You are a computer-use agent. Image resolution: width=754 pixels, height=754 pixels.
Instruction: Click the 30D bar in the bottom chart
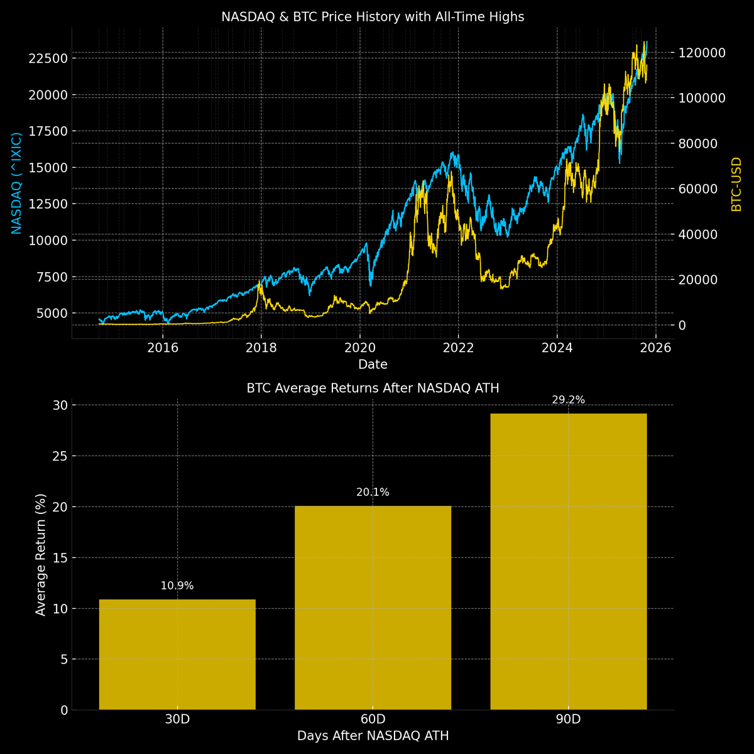click(177, 655)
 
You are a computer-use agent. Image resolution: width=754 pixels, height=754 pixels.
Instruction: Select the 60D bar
click(373, 608)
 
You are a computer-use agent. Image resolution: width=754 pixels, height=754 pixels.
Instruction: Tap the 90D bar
click(568, 561)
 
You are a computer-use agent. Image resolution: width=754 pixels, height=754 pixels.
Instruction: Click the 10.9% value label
click(177, 586)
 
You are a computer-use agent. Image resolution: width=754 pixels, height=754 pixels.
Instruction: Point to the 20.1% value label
click(373, 492)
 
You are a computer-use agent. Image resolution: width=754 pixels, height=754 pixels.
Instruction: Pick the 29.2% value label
click(568, 400)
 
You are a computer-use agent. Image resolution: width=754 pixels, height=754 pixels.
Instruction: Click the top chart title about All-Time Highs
click(373, 17)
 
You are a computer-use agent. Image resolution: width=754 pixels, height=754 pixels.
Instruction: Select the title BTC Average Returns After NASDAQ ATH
click(373, 388)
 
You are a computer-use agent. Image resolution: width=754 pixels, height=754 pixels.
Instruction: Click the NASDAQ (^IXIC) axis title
click(17, 183)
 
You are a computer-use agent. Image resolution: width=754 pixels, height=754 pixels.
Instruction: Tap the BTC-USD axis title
click(736, 184)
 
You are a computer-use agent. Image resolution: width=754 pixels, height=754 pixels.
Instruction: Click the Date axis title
click(373, 364)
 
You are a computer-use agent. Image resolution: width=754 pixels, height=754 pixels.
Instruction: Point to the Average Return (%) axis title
click(41, 554)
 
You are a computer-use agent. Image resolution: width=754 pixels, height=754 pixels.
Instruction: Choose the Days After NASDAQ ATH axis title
click(373, 736)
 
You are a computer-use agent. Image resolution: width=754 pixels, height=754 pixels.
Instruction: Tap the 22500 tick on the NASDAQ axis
click(49, 58)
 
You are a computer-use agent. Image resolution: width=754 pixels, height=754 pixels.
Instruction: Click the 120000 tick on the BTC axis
click(702, 53)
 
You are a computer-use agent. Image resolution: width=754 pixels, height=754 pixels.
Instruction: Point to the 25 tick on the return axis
click(59, 456)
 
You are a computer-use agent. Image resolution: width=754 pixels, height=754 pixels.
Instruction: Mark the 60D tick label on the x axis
click(373, 719)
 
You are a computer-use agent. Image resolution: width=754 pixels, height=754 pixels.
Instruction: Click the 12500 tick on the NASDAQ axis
click(49, 204)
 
